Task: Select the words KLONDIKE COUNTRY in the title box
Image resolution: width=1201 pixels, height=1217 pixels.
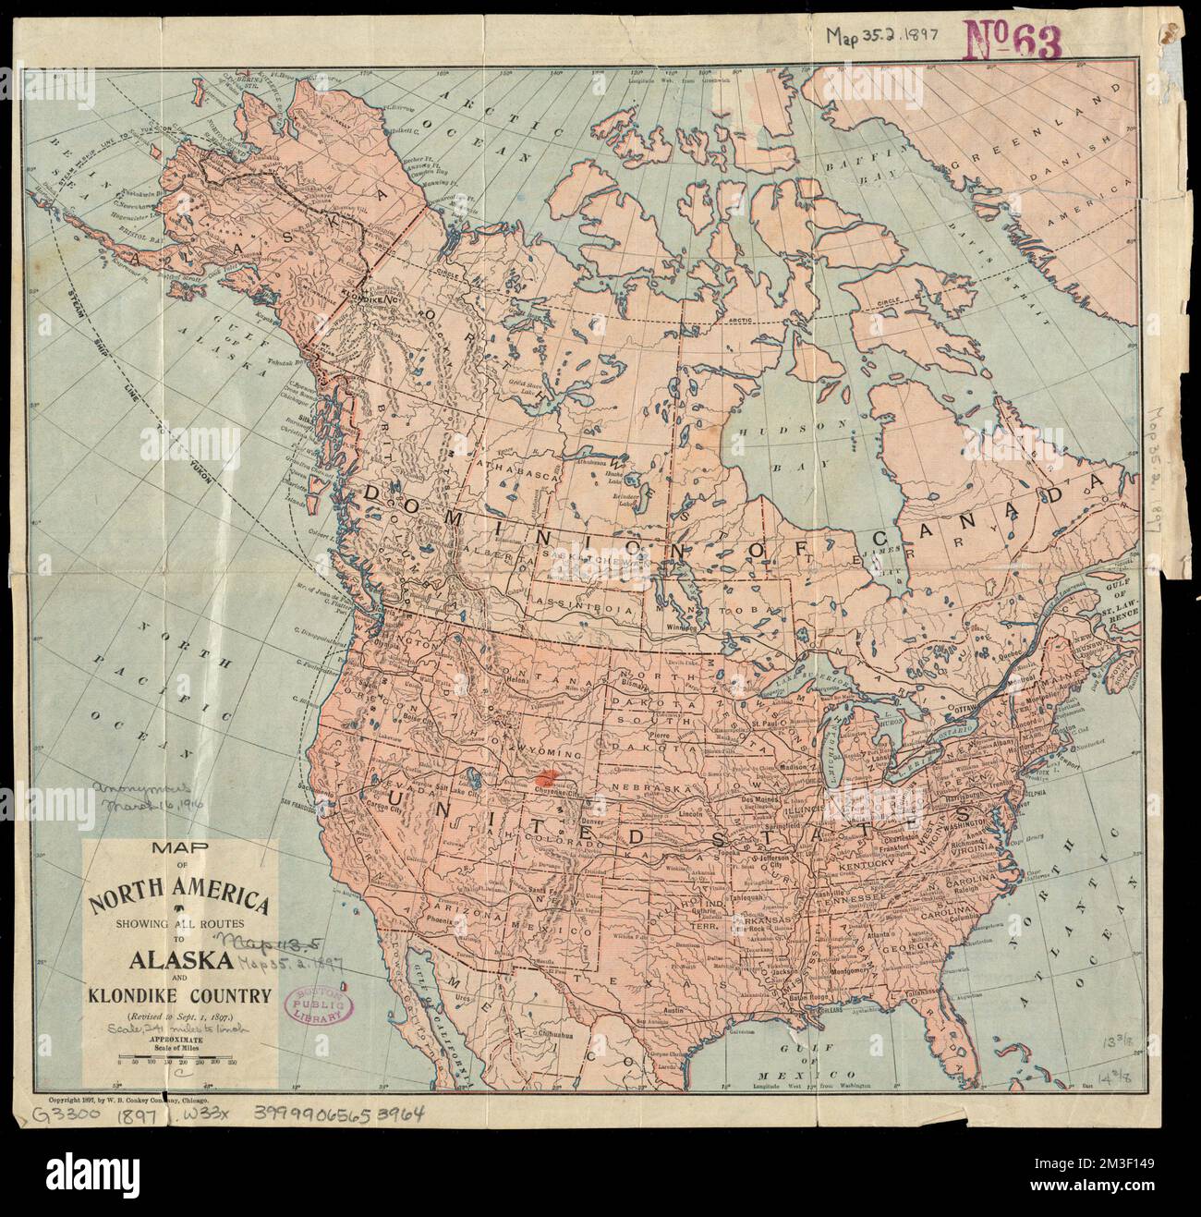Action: (179, 995)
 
